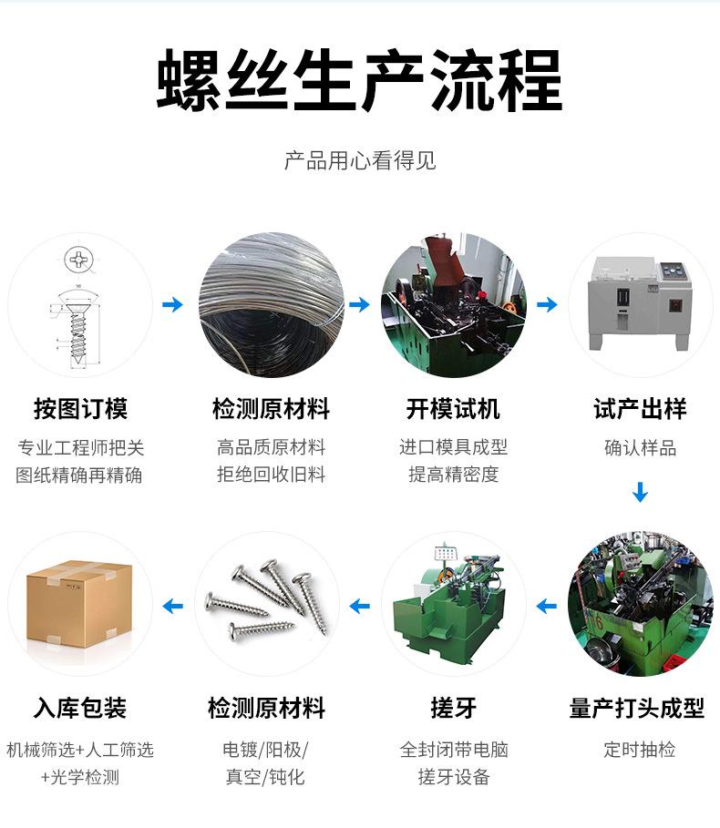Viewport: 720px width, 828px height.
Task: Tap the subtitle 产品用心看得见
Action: pyautogui.click(x=360, y=161)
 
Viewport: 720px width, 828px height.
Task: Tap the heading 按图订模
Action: pyautogui.click(x=80, y=408)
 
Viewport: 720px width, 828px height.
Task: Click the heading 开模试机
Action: pyautogui.click(x=453, y=408)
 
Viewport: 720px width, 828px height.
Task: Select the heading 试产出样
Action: pyautogui.click(x=640, y=408)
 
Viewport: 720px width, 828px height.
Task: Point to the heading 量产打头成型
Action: pyautogui.click(x=637, y=708)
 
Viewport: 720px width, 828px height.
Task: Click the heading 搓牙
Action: pyautogui.click(x=453, y=708)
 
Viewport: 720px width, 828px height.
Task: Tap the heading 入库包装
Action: pyautogui.click(x=80, y=708)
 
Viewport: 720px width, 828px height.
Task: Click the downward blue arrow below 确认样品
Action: pyautogui.click(x=640, y=493)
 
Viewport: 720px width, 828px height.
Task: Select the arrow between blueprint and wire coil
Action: pyautogui.click(x=172, y=304)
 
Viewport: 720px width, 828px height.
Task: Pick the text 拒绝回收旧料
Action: pyautogui.click(x=271, y=475)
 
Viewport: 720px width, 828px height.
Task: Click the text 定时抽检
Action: pyautogui.click(x=640, y=750)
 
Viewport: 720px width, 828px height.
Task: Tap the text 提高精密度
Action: pyautogui.click(x=453, y=475)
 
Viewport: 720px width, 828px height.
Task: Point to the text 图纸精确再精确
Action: pyautogui.click(x=79, y=475)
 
